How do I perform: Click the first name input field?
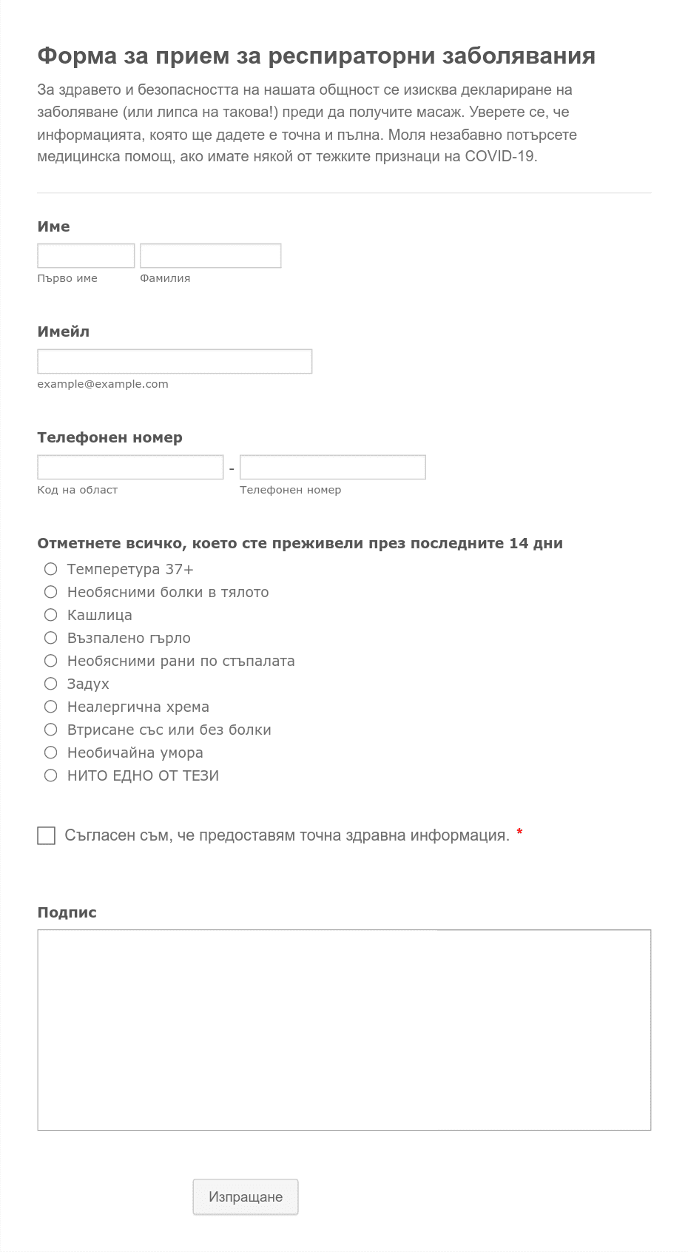click(x=86, y=255)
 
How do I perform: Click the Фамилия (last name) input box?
click(x=210, y=255)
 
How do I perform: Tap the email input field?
click(x=175, y=361)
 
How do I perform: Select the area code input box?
click(x=130, y=467)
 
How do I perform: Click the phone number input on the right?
click(x=332, y=467)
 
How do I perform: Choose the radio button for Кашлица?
click(x=50, y=615)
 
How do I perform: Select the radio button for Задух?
click(x=50, y=684)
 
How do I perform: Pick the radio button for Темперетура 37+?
click(x=50, y=569)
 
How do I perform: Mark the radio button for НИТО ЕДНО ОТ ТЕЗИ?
click(x=50, y=775)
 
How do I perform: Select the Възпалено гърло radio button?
click(x=50, y=638)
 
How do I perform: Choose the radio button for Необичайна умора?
click(x=50, y=753)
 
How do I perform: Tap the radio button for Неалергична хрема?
click(x=50, y=707)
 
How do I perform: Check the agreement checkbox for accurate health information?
click(x=46, y=835)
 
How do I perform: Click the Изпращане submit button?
click(x=245, y=1197)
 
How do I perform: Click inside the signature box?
click(x=344, y=1029)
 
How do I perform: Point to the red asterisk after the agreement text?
click(x=519, y=833)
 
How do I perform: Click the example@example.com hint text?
click(x=103, y=384)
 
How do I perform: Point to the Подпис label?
click(x=67, y=912)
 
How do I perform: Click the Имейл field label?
click(x=63, y=331)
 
